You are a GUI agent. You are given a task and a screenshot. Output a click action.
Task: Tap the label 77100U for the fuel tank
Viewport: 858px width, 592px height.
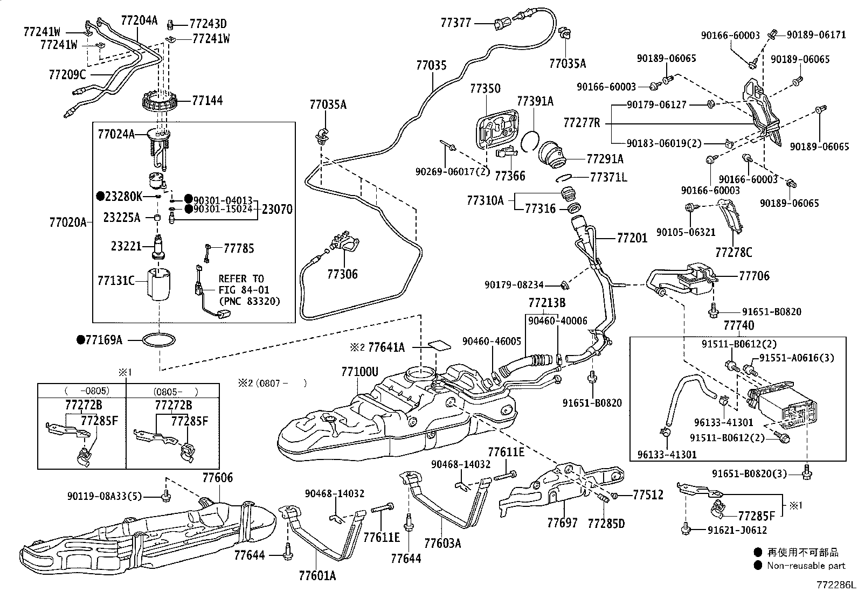click(359, 372)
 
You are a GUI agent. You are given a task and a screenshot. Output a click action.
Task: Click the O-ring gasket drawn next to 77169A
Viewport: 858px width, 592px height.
click(160, 340)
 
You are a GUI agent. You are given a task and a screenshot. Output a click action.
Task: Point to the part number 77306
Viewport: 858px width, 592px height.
click(342, 275)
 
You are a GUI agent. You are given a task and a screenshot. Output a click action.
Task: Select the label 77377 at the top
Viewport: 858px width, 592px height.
click(456, 23)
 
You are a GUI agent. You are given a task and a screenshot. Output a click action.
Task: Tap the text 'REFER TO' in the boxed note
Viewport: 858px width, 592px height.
click(241, 278)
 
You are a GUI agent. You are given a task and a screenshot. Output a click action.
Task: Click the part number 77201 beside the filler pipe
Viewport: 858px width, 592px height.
click(632, 238)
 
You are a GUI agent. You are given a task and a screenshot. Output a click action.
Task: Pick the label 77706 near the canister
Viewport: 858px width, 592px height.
click(754, 276)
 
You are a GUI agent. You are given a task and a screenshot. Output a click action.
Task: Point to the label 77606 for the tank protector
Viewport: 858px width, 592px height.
click(218, 478)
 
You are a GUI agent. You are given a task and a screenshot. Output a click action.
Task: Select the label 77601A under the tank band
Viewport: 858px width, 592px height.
click(317, 576)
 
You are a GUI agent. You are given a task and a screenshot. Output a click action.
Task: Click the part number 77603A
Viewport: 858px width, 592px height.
click(442, 543)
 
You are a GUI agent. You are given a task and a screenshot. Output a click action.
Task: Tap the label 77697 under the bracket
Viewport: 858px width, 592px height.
click(562, 523)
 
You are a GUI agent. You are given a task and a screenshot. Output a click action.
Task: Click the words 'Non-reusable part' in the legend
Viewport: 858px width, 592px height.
click(806, 566)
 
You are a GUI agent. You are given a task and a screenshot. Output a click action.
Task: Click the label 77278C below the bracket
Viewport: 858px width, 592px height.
click(734, 252)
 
